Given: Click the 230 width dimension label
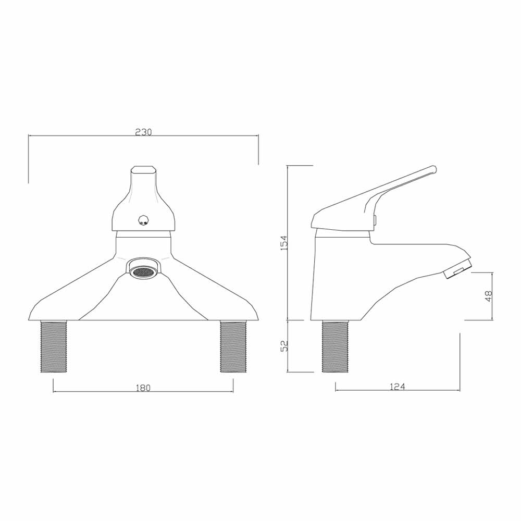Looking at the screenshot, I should (143, 132).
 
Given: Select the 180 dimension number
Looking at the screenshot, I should (143, 388).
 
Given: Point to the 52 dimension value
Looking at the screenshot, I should (284, 345).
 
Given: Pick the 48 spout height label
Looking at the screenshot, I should (488, 296).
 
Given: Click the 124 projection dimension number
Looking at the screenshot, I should (397, 386).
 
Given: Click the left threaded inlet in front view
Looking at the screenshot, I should (54, 346).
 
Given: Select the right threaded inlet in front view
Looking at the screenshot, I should (233, 346).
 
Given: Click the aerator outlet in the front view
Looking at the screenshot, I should (143, 271).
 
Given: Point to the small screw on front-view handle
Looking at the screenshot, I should (143, 221).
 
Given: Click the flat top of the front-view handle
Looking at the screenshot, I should (143, 168).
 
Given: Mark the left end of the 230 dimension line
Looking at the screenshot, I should (29, 136).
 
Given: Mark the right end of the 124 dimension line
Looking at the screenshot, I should (460, 390).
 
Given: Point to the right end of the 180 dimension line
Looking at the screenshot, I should (233, 391).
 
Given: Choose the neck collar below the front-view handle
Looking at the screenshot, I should (143, 243).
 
